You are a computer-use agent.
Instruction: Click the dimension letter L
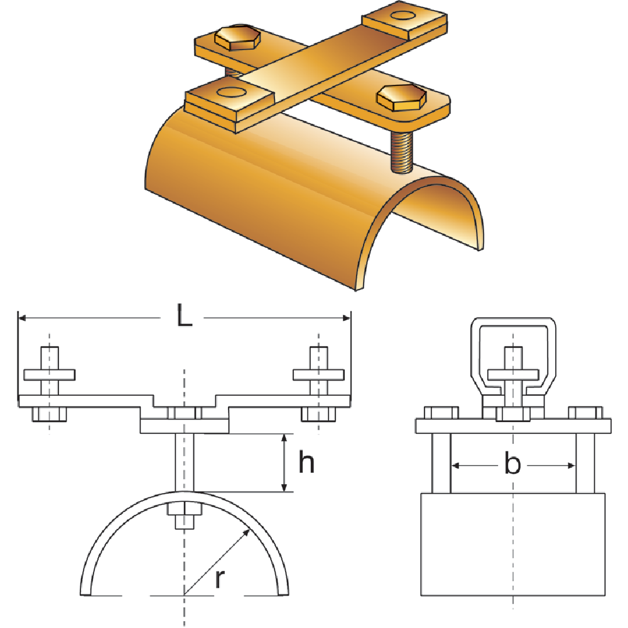click(183, 316)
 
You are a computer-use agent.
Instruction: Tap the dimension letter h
click(306, 463)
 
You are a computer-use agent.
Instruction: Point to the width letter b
click(512, 465)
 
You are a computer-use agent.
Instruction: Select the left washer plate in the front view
click(50, 375)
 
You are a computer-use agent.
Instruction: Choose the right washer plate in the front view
click(319, 375)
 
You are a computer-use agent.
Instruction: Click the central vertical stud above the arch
click(184, 462)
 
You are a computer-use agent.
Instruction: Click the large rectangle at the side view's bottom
click(512, 543)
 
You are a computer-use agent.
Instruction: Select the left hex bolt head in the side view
click(442, 413)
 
